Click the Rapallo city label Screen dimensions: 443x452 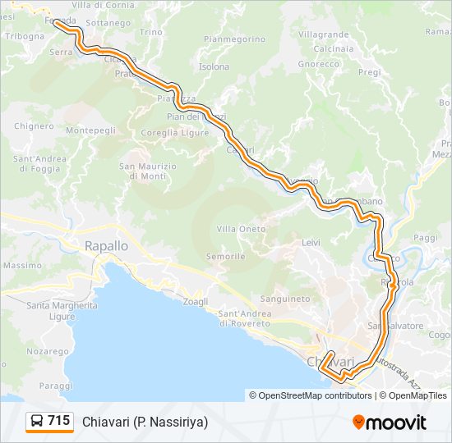[106, 245]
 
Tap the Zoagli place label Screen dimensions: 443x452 [196, 301]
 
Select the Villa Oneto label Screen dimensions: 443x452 [241, 229]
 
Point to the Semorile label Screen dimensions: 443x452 [226, 257]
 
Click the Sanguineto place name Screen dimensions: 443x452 [284, 299]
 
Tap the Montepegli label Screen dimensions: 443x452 [90, 130]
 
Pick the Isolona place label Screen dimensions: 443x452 [214, 66]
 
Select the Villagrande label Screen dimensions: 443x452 [323, 34]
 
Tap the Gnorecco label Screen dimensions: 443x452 [319, 63]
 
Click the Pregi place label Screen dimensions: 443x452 [370, 72]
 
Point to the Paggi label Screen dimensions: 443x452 [427, 237]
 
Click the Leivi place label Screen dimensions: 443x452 [311, 243]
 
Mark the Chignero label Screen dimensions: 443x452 [34, 126]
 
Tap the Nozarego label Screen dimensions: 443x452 [47, 350]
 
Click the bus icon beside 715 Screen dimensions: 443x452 [37, 422]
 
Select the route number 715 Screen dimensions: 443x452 [58, 422]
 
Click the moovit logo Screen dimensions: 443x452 [390, 422]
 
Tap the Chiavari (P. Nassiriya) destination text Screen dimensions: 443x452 [145, 422]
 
